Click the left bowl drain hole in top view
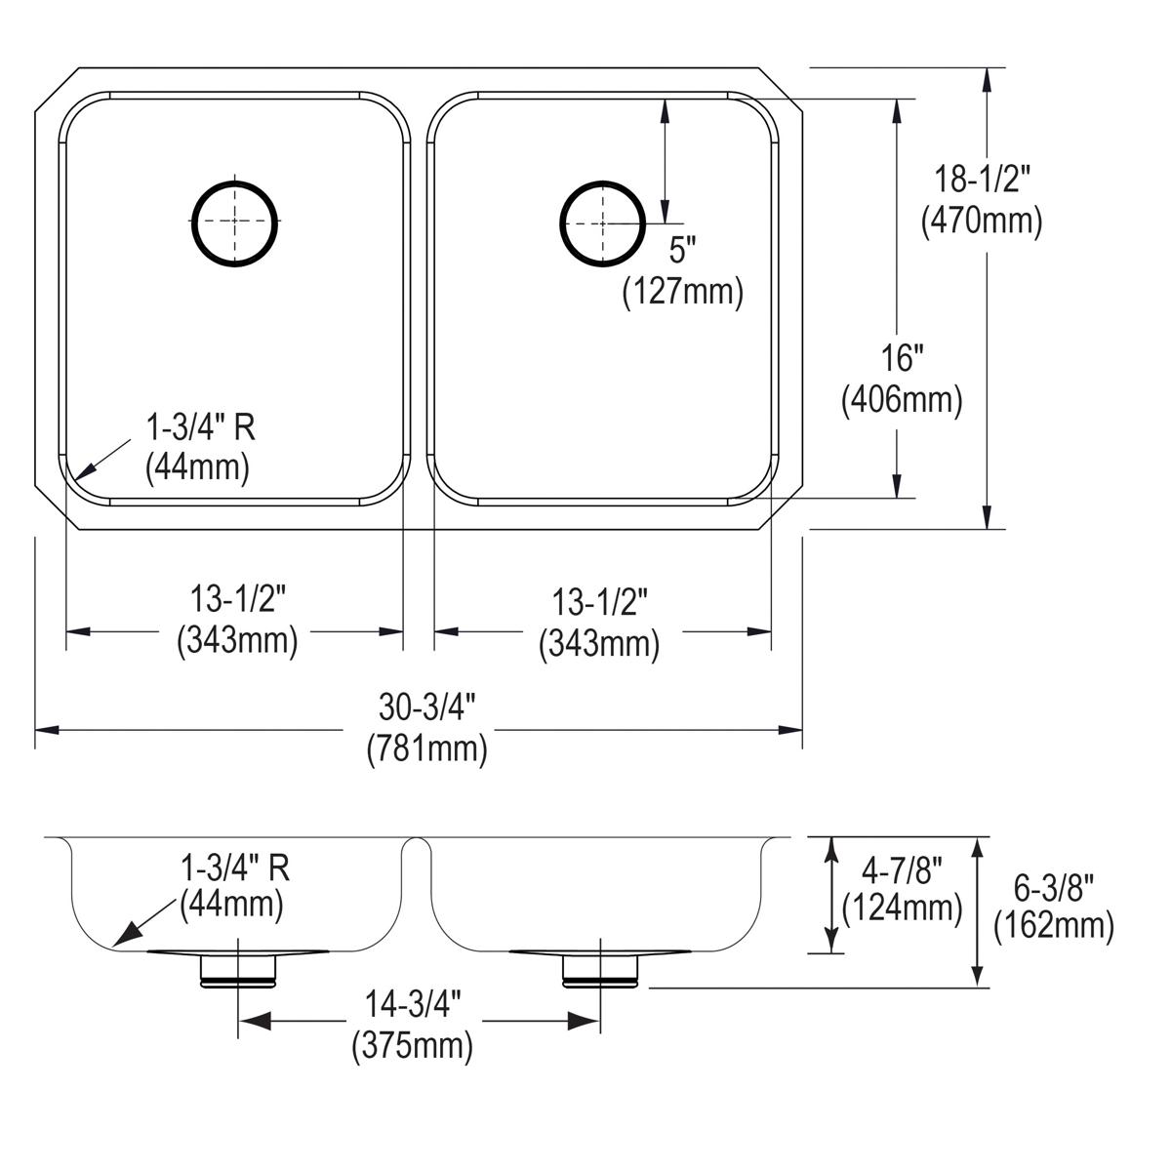coord(235,222)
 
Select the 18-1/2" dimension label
coord(983,179)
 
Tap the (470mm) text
coord(982,222)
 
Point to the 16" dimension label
coord(902,358)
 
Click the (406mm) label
coord(902,399)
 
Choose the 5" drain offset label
coord(683,252)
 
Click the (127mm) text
coord(683,292)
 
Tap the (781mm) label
coord(426,749)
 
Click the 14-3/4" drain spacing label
coord(412,1004)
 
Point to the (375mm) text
coord(412,1047)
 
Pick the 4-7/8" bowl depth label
coord(902,867)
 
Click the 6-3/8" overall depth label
coord(1053,887)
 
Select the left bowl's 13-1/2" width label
coord(236,600)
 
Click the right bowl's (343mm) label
coord(599,644)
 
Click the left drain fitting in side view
coord(238,971)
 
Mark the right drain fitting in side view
coord(600,971)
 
